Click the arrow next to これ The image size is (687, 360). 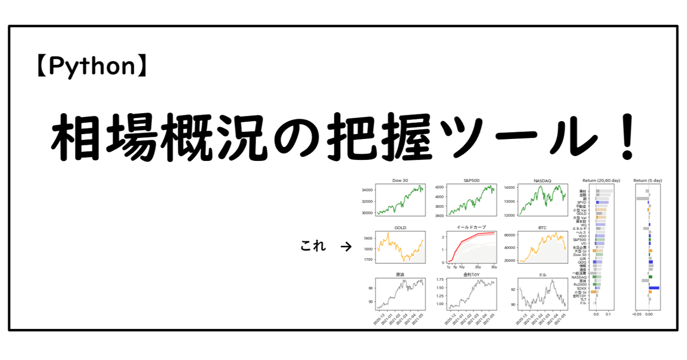pos(346,247)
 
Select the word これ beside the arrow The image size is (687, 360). pos(312,247)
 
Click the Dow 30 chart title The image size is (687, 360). pos(400,181)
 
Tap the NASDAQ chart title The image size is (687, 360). pos(542,181)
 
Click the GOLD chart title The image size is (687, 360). pos(400,227)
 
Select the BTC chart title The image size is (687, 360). pos(542,227)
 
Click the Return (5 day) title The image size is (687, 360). pos(647,181)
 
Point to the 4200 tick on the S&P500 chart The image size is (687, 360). pos(438,187)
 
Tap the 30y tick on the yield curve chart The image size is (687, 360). pos(494,267)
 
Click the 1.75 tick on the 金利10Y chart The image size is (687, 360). pos(438,280)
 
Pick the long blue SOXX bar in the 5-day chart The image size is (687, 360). pos(654,288)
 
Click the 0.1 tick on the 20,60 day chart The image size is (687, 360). pos(608,315)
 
